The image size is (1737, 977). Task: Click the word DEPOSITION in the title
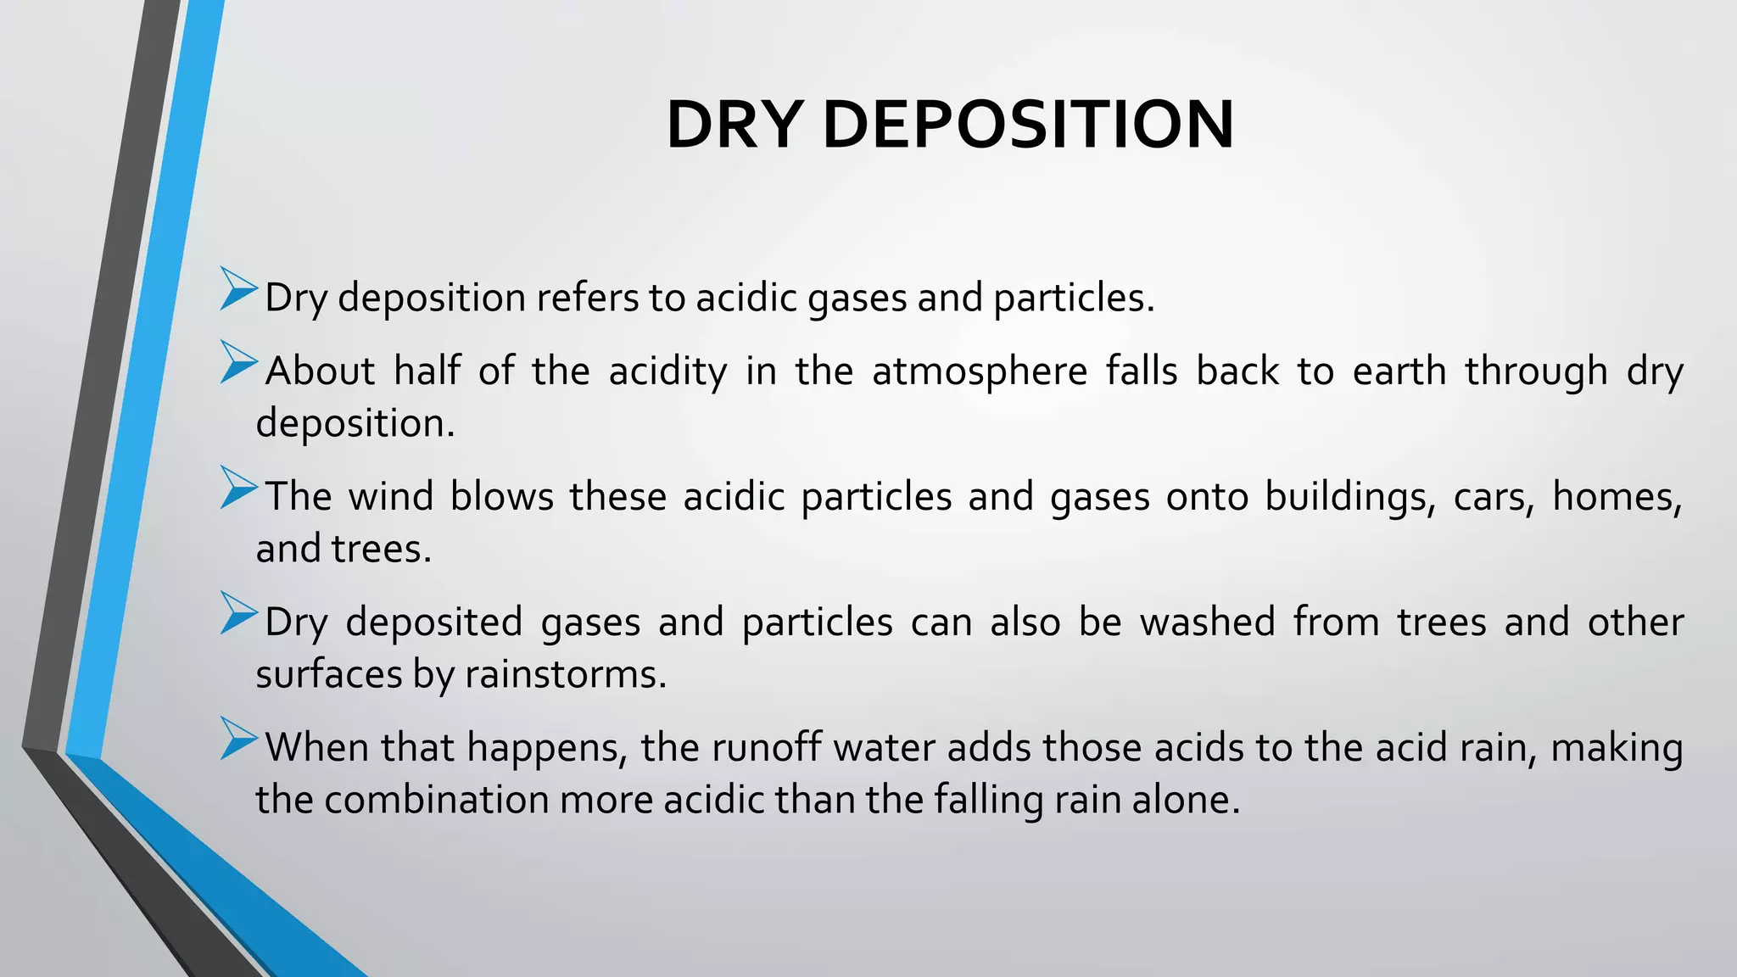pyautogui.click(x=1027, y=126)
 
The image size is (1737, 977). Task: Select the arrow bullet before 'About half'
pyautogui.click(x=237, y=362)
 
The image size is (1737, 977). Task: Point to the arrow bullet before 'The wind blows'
pyautogui.click(x=237, y=488)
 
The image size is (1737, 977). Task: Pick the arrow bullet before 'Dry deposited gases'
pyautogui.click(x=237, y=613)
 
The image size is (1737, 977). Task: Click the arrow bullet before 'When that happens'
pyautogui.click(x=237, y=739)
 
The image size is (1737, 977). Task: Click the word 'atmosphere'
pyautogui.click(x=980, y=371)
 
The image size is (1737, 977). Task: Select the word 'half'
pyautogui.click(x=427, y=371)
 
